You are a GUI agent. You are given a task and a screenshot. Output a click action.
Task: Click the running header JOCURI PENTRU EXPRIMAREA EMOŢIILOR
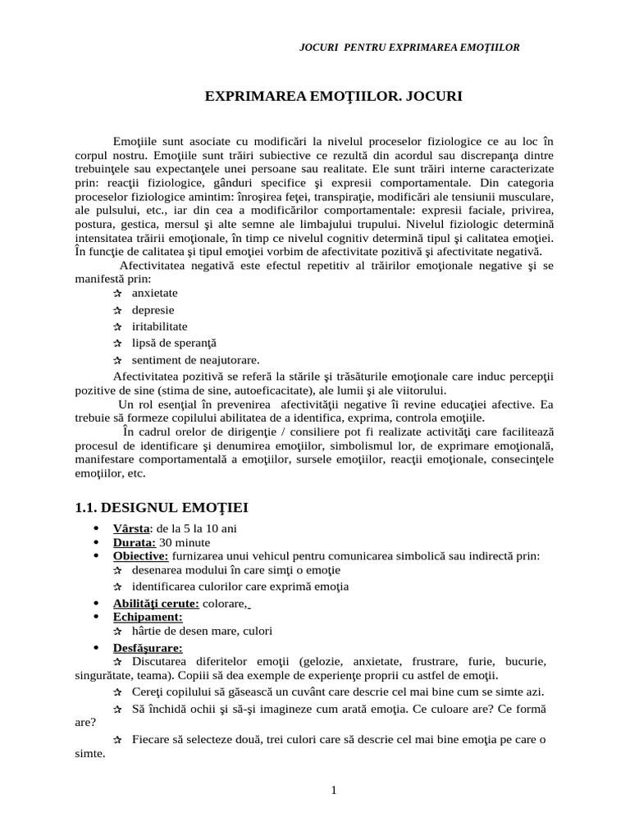point(409,47)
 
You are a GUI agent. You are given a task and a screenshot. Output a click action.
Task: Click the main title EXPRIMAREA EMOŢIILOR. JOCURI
point(333,97)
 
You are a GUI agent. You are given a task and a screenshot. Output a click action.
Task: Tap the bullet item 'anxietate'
point(154,293)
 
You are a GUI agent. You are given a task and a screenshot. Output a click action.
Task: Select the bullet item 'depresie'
point(153,309)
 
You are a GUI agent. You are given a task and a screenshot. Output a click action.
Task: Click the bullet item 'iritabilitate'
point(159,326)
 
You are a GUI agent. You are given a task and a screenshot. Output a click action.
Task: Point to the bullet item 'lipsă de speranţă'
point(174,342)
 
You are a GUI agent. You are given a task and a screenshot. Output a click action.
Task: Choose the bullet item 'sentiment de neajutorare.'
point(195,359)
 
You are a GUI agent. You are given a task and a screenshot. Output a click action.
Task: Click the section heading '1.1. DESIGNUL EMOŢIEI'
point(162,507)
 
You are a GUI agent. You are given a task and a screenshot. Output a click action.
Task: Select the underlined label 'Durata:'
point(135,542)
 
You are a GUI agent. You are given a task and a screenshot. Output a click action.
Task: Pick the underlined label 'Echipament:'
point(148,617)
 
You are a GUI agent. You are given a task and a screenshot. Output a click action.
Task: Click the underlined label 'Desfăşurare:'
point(148,648)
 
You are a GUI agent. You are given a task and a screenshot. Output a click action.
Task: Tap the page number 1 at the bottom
point(333,790)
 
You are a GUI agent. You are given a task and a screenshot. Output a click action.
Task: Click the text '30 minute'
point(185,542)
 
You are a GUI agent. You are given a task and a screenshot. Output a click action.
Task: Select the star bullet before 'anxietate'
point(117,293)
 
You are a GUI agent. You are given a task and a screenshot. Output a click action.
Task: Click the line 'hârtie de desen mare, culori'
point(202,631)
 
